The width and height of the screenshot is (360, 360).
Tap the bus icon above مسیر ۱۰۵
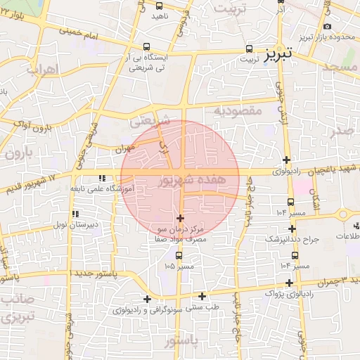click(x=178, y=255)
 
